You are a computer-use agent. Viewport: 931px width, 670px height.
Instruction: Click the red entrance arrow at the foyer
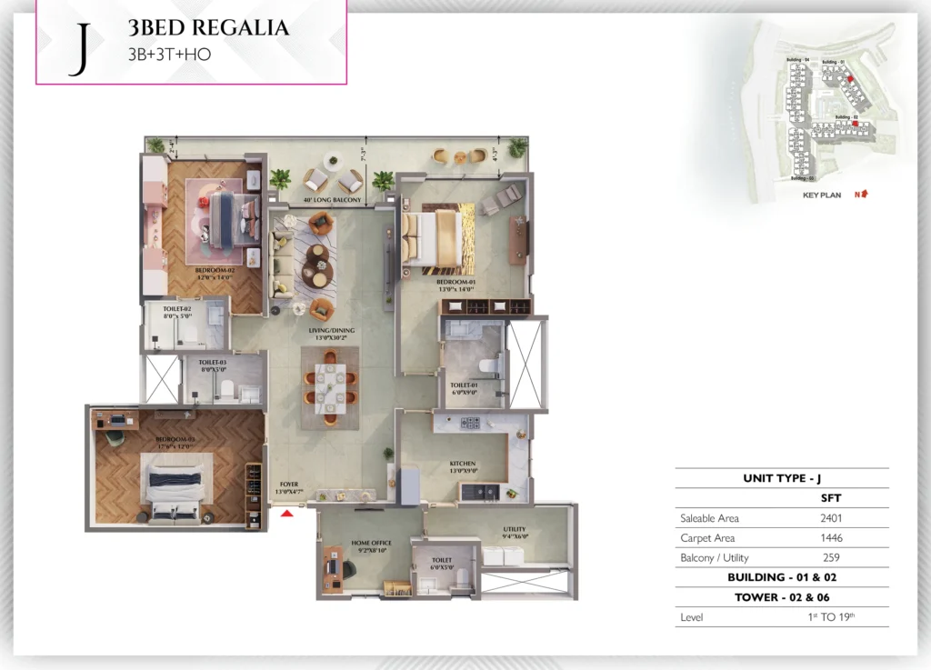click(288, 514)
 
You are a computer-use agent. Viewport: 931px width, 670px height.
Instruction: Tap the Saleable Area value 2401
click(830, 518)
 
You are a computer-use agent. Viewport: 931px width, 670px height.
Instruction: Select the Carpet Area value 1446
click(830, 538)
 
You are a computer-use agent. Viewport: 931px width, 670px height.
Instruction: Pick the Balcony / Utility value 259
click(830, 558)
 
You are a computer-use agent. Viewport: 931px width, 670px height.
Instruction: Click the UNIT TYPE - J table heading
click(782, 478)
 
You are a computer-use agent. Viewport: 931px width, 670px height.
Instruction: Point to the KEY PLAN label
click(822, 195)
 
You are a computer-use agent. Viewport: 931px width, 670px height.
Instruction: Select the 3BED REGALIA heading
click(209, 28)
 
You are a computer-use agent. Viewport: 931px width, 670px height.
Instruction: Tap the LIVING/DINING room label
click(331, 331)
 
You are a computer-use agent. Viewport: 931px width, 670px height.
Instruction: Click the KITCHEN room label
click(463, 464)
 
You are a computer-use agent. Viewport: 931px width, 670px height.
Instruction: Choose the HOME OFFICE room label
click(370, 544)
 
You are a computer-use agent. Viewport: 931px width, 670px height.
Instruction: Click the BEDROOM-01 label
click(456, 282)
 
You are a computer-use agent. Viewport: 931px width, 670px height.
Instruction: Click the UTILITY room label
click(516, 529)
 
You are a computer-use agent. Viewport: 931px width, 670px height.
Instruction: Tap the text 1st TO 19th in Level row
click(830, 617)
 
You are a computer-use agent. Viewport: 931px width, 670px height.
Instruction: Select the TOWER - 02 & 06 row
click(782, 597)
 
